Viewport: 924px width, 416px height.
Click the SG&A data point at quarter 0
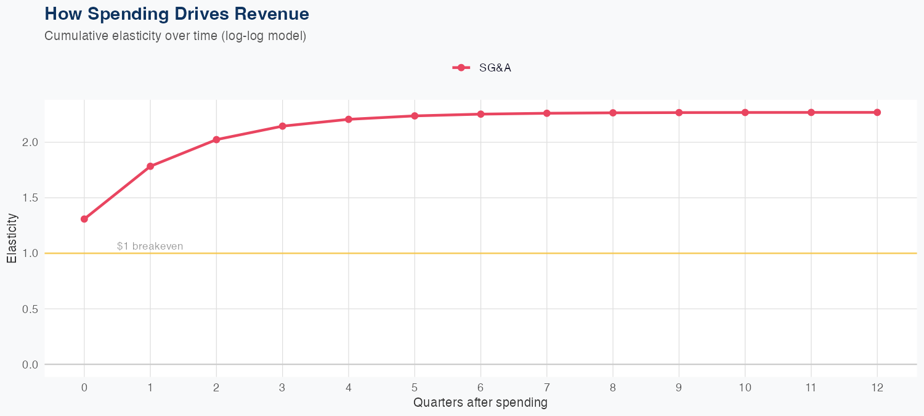click(x=84, y=219)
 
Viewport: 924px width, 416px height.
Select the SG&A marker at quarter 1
click(x=150, y=166)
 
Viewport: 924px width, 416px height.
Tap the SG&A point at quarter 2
click(x=216, y=139)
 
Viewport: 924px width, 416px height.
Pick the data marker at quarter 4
click(x=349, y=119)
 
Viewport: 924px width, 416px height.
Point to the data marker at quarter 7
click(x=547, y=113)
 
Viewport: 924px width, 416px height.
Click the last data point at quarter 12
click(x=877, y=112)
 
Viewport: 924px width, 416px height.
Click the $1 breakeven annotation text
click(x=150, y=247)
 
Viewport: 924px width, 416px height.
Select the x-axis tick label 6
click(x=480, y=388)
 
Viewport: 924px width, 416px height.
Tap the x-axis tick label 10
click(x=745, y=388)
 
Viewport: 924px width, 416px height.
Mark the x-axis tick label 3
click(x=282, y=388)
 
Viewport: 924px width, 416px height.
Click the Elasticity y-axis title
click(x=12, y=238)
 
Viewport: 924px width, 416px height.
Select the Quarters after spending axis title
click(x=480, y=403)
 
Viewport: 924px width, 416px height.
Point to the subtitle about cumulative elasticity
click(x=176, y=36)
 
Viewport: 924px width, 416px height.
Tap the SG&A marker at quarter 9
click(x=679, y=113)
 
